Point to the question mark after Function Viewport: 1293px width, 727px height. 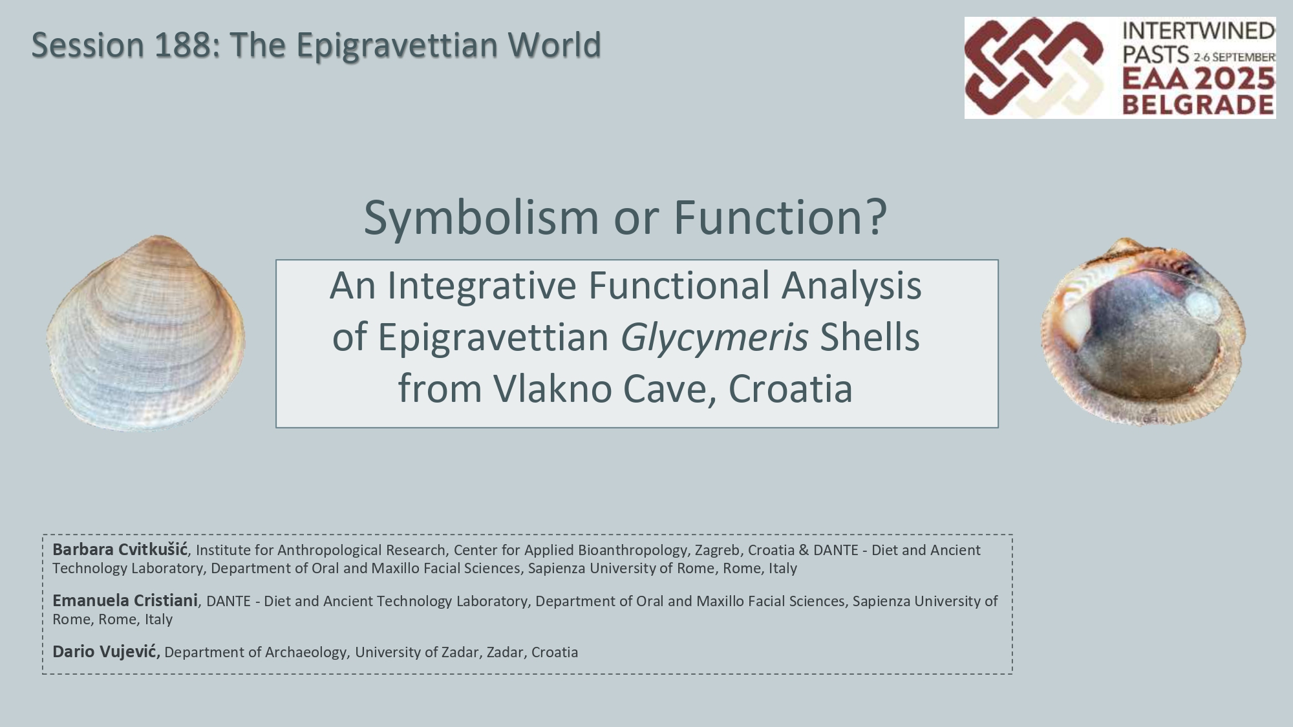(x=877, y=216)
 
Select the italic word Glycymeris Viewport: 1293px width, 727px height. (x=714, y=338)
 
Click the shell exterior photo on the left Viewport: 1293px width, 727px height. (x=145, y=333)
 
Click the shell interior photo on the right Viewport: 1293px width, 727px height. (x=1143, y=332)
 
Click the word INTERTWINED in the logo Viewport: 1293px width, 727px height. (x=1199, y=30)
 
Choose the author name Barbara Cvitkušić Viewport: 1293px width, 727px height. (x=120, y=550)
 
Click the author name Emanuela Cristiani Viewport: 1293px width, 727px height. (x=125, y=601)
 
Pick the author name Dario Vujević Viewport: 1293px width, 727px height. (x=105, y=651)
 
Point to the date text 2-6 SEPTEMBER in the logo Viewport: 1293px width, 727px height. (x=1234, y=57)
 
